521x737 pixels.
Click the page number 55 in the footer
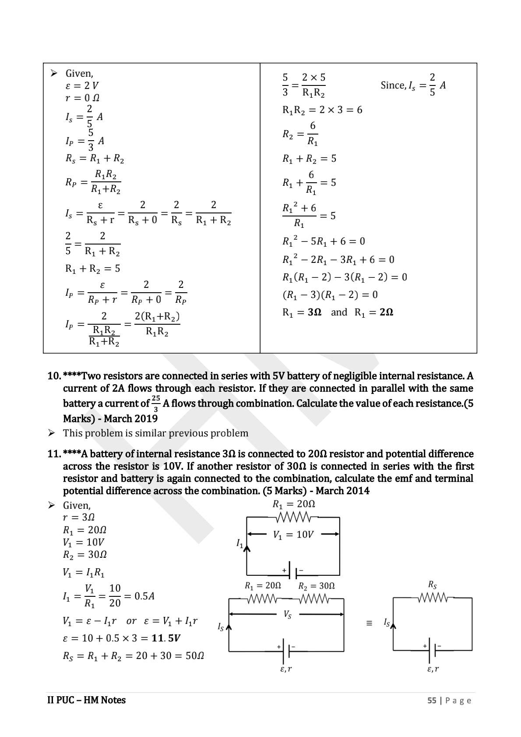point(432,700)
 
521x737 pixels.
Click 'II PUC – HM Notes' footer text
point(86,700)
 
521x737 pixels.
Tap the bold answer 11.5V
point(166,638)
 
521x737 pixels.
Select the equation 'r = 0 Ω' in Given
point(82,98)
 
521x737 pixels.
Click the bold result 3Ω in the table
point(314,312)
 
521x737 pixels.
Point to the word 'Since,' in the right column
point(393,85)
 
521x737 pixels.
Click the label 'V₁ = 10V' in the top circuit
point(293,535)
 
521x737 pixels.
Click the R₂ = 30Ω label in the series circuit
point(316,586)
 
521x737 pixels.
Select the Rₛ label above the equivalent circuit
point(432,585)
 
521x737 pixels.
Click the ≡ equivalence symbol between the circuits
point(369,623)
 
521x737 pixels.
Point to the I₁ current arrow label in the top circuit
point(240,544)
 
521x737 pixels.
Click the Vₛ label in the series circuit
point(287,614)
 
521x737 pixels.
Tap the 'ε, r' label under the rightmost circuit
point(433,669)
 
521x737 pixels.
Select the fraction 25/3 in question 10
point(156,403)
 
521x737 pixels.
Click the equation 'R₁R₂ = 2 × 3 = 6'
point(322,110)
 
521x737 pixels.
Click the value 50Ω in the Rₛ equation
point(194,656)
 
